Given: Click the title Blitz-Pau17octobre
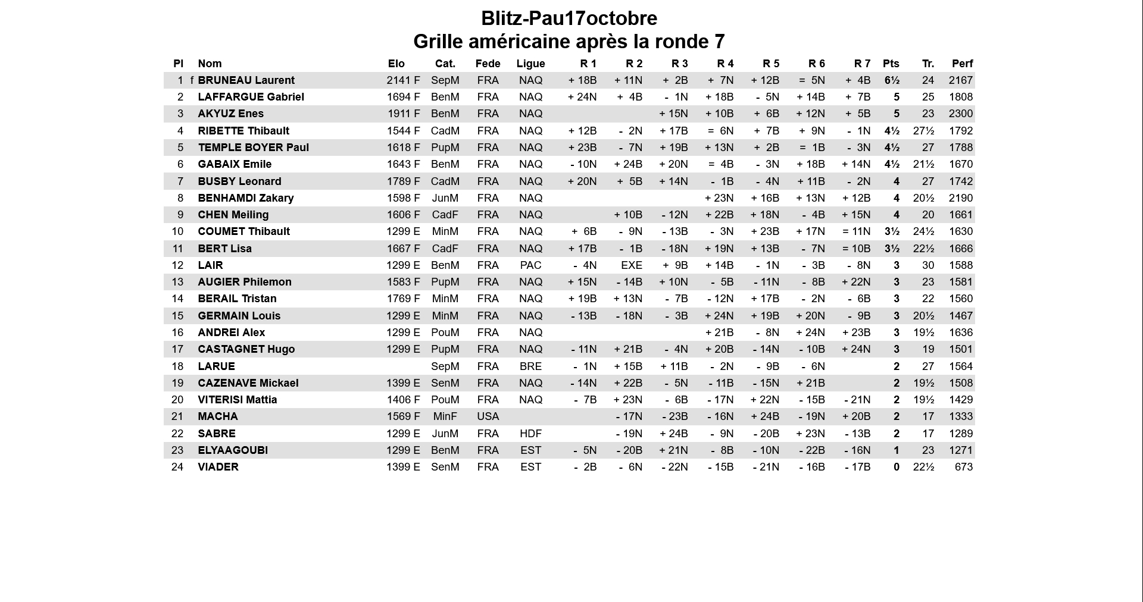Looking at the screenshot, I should coord(569,18).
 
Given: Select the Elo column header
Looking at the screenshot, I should coord(396,64).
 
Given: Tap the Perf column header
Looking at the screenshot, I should coord(962,64).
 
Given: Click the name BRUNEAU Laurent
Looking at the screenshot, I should coord(246,80).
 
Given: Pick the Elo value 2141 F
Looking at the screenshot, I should coord(403,80).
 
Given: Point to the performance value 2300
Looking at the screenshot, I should coord(961,114).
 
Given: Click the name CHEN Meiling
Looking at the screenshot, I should coord(233,215).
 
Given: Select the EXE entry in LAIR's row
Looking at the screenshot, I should coord(631,265).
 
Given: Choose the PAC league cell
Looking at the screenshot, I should coord(530,265).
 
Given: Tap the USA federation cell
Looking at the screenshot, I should coord(488,416).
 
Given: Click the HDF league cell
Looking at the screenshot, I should coord(530,434).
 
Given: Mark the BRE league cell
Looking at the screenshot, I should coord(530,366).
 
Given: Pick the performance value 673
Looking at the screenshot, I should coord(963,467).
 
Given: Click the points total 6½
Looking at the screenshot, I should coord(892,80).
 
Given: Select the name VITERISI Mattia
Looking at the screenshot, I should coord(237,400).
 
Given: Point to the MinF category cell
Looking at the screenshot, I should coord(445,416).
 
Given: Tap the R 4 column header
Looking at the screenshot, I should coord(725,64).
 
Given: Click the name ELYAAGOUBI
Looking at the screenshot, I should coord(233,450).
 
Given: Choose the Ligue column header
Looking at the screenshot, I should coord(530,64).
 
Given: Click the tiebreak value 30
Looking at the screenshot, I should coord(927,265).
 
